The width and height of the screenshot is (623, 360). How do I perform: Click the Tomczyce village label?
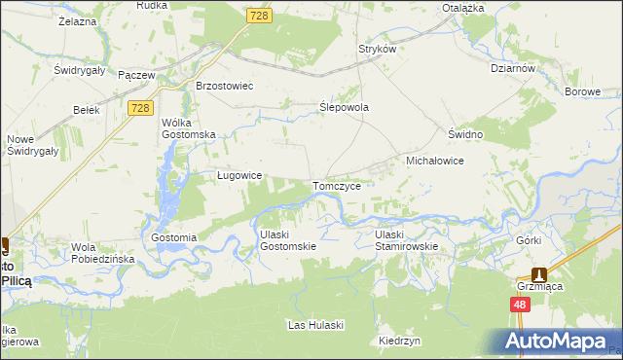click(338, 186)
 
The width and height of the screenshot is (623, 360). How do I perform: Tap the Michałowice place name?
click(433, 160)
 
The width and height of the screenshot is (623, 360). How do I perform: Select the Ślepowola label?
click(345, 108)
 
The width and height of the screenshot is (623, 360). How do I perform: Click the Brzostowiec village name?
click(225, 86)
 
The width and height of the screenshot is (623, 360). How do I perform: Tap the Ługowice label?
click(238, 176)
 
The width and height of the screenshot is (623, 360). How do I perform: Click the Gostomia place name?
click(175, 237)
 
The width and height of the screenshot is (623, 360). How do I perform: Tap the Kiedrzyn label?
click(399, 342)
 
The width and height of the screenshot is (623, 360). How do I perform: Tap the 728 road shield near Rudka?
click(259, 17)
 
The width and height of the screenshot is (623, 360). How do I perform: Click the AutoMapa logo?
click(559, 340)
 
